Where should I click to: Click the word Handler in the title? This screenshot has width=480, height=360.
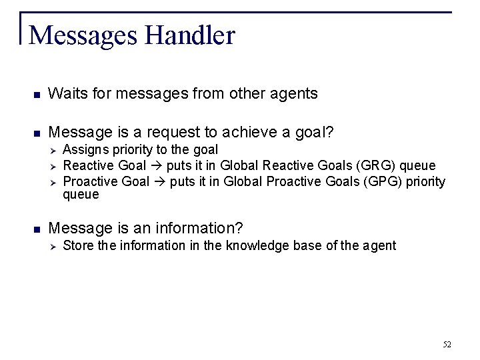pos(187,35)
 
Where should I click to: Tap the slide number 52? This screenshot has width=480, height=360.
pos(447,344)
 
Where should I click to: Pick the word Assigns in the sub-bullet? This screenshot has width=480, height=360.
pos(83,149)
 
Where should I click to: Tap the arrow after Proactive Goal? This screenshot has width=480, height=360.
pos(161,181)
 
